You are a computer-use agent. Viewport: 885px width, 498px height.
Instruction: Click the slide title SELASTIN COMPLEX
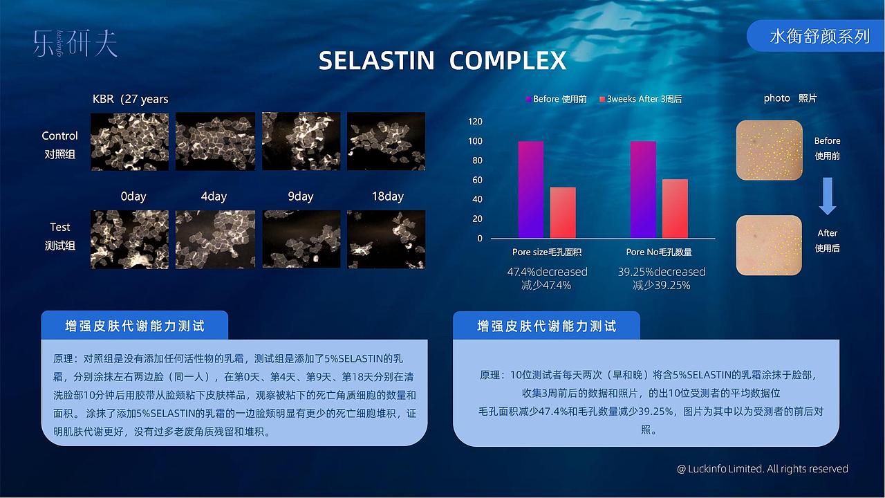tap(442, 61)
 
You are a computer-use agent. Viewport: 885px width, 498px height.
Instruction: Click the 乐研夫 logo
tap(75, 44)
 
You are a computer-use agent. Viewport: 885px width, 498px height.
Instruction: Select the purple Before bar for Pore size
tap(531, 190)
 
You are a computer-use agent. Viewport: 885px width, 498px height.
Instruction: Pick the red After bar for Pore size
tap(563, 213)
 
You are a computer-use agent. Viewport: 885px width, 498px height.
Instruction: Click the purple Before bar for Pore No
tap(643, 190)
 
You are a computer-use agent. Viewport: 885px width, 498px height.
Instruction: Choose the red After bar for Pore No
tap(675, 209)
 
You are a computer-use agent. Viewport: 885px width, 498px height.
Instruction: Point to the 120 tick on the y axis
tap(475, 122)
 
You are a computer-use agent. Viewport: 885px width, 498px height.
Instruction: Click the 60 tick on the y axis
tap(477, 180)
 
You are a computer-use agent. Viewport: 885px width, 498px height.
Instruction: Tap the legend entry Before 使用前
tap(557, 99)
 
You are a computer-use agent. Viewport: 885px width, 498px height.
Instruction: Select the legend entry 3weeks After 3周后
tap(641, 99)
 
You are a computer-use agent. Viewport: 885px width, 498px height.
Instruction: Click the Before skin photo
tap(769, 150)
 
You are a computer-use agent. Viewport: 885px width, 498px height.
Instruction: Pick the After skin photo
tap(769, 245)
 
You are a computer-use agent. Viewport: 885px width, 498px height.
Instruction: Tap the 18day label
tap(387, 196)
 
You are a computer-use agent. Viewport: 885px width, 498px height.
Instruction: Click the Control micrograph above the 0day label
tap(129, 141)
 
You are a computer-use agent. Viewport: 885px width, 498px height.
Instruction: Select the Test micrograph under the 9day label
tap(301, 239)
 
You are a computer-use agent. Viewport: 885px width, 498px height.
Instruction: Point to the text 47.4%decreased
tap(547, 272)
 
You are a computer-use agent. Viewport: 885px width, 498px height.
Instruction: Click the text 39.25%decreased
tap(662, 272)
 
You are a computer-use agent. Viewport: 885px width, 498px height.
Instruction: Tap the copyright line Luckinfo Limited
tap(763, 469)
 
